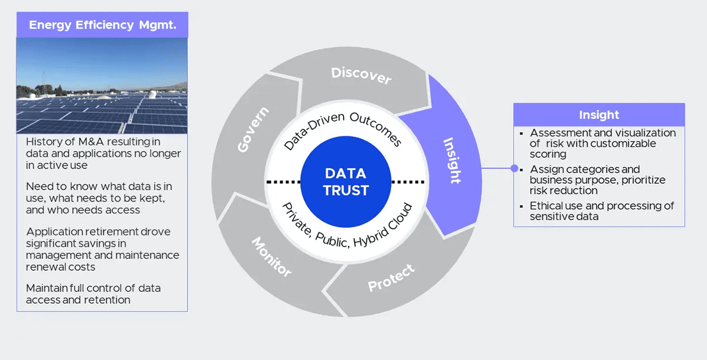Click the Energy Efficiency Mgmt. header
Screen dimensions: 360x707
(x=102, y=25)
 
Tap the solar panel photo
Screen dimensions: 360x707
(x=102, y=86)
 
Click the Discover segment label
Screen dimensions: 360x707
(x=361, y=76)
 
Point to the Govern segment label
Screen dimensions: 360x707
(x=253, y=129)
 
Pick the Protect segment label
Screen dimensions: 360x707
(x=391, y=278)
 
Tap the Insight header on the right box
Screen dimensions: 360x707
(x=599, y=115)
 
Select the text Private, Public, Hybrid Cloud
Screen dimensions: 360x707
(x=346, y=225)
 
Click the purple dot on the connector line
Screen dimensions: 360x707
(x=514, y=168)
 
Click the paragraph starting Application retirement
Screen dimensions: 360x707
(x=102, y=249)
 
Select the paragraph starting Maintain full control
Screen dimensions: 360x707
(x=93, y=294)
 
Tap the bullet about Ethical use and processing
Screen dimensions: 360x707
(x=602, y=211)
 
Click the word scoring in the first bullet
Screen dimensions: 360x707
(x=548, y=154)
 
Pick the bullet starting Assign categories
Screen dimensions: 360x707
(x=597, y=180)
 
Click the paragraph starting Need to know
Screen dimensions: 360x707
(x=99, y=198)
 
